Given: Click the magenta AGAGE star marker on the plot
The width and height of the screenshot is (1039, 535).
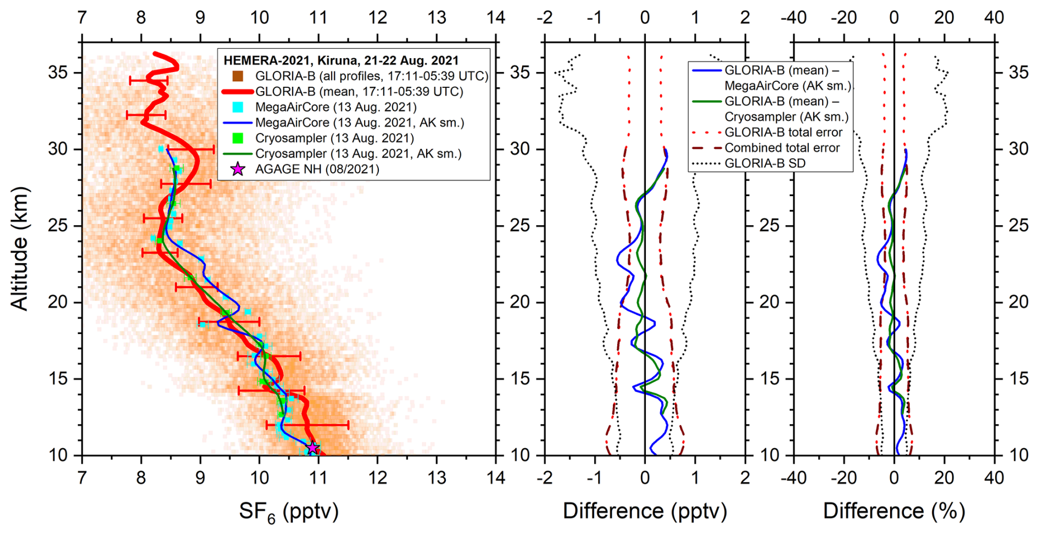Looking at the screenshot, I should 312,448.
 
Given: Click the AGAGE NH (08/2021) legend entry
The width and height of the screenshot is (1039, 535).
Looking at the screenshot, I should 317,169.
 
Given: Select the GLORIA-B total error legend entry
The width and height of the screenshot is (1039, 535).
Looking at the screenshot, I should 783,132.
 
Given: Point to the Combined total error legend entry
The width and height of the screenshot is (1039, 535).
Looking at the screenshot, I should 781,148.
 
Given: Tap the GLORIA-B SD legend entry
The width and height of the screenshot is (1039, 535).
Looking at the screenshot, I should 764,163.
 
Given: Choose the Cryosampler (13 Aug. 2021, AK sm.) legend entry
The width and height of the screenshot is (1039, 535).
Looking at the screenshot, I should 358,154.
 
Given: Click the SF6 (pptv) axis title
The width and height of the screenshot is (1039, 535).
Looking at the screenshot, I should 289,511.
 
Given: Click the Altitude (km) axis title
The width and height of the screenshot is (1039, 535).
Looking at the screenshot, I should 20,249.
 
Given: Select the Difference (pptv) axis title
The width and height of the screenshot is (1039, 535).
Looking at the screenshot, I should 645,511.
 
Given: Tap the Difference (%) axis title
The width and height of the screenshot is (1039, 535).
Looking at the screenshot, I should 893,511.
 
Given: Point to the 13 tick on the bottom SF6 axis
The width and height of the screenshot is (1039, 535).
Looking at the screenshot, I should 437,478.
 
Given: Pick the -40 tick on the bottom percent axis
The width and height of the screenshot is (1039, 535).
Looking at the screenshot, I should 794,478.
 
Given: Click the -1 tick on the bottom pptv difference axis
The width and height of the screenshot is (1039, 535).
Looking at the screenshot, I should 595,478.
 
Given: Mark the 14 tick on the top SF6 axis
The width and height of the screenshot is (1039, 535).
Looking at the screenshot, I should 496,18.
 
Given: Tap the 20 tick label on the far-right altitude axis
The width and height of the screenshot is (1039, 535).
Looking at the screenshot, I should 1019,302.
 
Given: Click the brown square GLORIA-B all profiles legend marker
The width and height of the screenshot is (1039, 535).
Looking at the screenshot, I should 237,76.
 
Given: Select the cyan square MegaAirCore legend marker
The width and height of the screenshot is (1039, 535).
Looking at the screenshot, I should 237,107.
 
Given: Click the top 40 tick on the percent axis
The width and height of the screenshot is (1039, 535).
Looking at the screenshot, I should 995,18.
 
